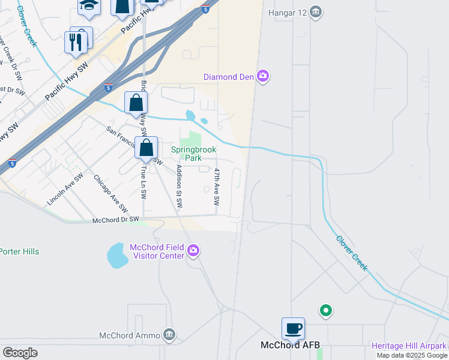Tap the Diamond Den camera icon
pyautogui.click(x=262, y=76)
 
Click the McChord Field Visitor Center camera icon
pyautogui.click(x=193, y=251)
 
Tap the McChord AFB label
pyautogui.click(x=290, y=346)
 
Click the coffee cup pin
pyautogui.click(x=294, y=329)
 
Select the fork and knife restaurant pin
pyautogui.click(x=76, y=42)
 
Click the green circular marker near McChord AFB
pyautogui.click(x=325, y=310)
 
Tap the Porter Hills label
pyautogui.click(x=19, y=251)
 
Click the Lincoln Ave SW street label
pyautogui.click(x=65, y=190)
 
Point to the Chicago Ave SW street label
pyautogui.click(x=110, y=193)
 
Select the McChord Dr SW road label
pyautogui.click(x=115, y=220)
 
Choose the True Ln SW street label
pyautogui.click(x=143, y=183)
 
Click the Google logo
pyautogui.click(x=20, y=353)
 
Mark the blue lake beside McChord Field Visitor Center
pyautogui.click(x=117, y=256)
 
